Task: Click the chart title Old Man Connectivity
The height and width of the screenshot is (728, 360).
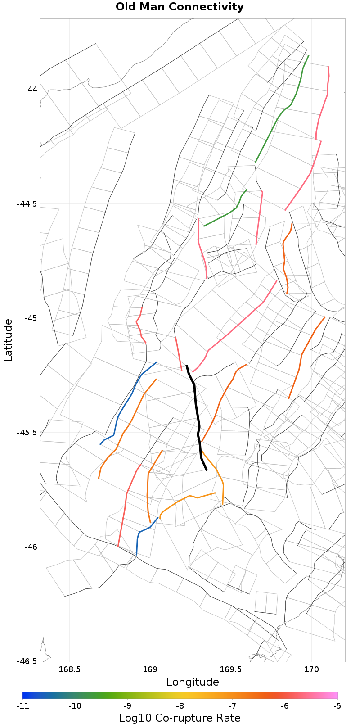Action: click(180, 7)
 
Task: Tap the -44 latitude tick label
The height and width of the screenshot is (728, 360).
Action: click(31, 89)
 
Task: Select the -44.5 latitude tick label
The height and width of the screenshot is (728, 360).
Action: click(27, 203)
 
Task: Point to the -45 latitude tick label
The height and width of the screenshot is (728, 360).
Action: click(31, 318)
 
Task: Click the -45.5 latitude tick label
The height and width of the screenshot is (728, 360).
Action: click(27, 433)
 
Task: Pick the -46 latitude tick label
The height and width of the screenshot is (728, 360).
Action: click(31, 547)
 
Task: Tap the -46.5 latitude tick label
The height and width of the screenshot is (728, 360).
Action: click(27, 661)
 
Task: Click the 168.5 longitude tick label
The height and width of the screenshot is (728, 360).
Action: click(70, 669)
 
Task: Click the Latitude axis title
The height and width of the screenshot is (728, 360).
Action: click(8, 340)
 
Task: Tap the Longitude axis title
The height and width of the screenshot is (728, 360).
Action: click(193, 682)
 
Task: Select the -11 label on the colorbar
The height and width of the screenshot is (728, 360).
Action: click(22, 705)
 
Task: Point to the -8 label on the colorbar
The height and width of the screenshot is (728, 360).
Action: click(180, 705)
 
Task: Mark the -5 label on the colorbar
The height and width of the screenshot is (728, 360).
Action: click(337, 705)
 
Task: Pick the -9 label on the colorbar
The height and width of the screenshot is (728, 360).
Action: click(127, 705)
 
